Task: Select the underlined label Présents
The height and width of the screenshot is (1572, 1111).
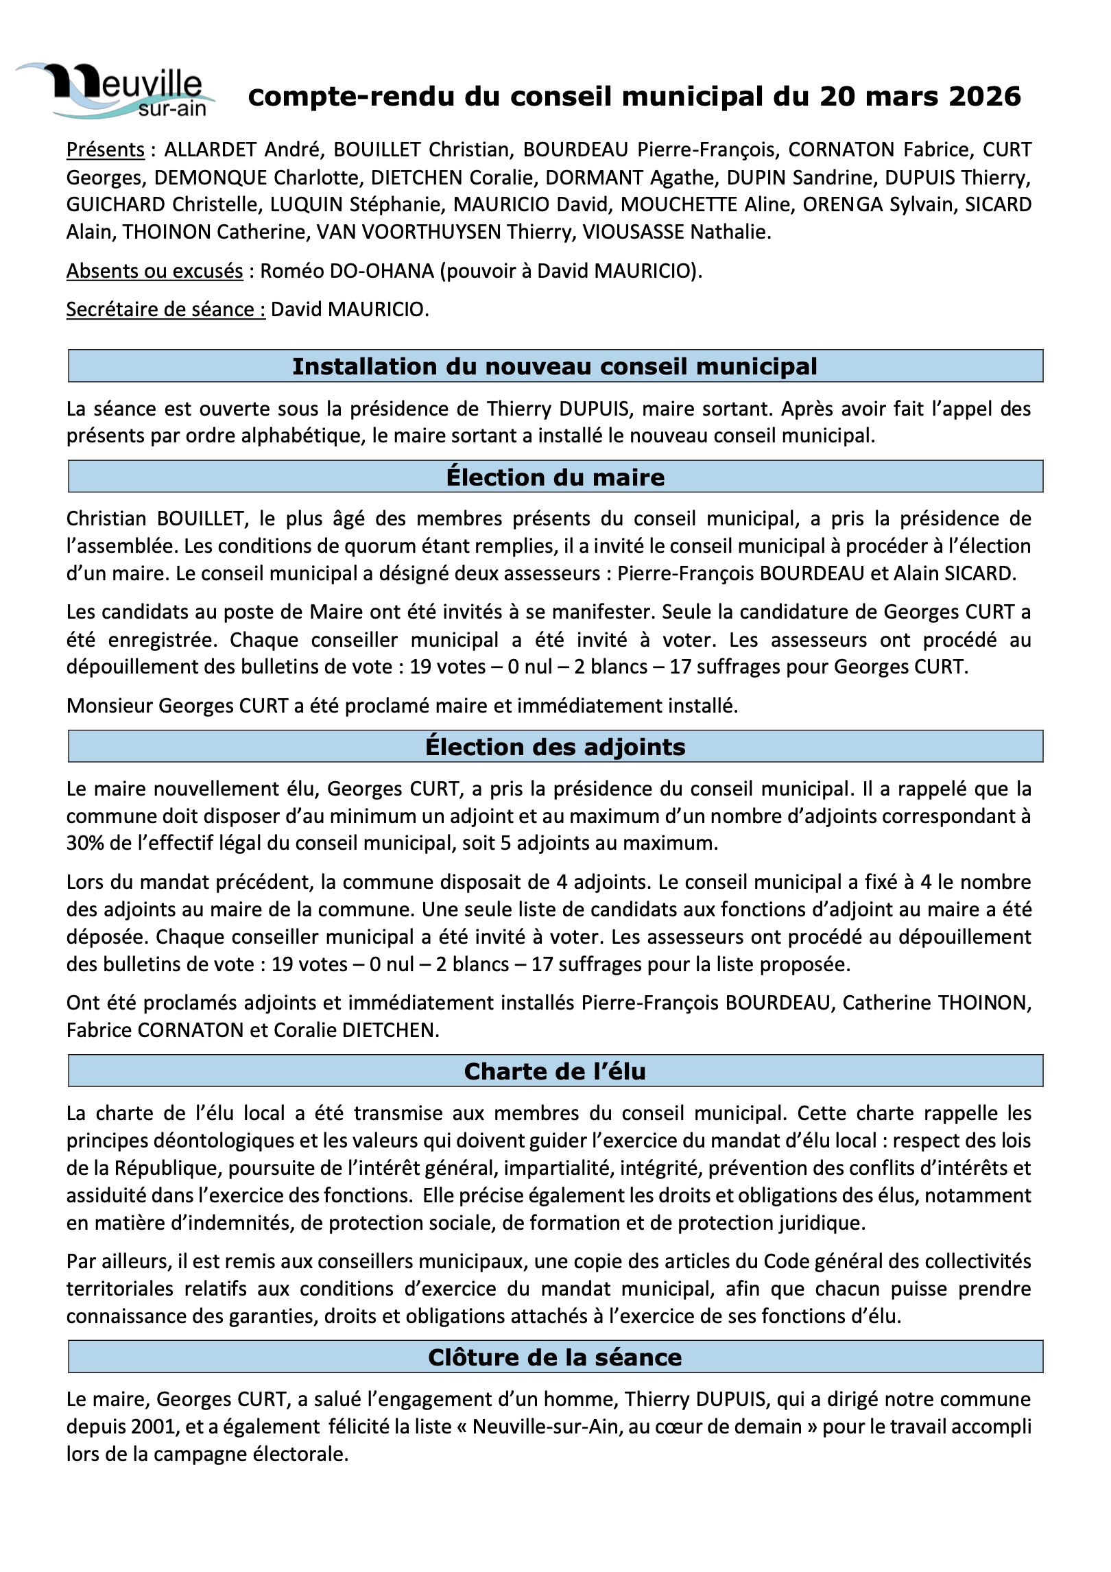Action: pos(105,150)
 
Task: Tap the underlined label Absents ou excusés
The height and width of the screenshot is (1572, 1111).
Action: pos(154,271)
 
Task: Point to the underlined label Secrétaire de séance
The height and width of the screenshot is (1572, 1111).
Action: pos(165,309)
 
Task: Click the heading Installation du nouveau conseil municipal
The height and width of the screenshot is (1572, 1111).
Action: pos(555,366)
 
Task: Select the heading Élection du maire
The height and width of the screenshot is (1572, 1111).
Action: pos(555,477)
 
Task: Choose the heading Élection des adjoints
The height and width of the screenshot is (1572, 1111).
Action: pos(555,746)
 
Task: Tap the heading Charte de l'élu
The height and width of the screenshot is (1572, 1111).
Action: pos(555,1071)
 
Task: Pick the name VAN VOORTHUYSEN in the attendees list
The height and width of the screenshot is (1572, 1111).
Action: pos(408,232)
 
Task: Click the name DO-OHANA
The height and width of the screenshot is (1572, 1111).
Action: pos(381,271)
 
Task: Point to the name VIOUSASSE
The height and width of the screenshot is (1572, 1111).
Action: pos(633,232)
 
